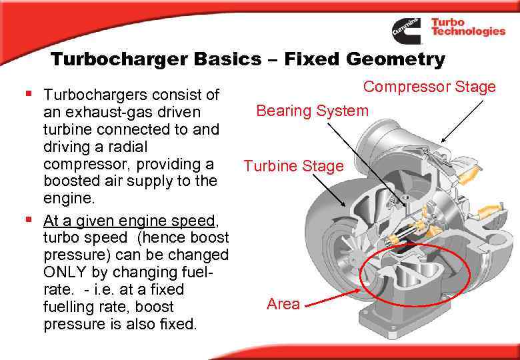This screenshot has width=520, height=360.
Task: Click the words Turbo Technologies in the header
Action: click(x=467, y=27)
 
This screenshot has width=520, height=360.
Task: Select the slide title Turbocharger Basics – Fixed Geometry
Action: click(x=247, y=60)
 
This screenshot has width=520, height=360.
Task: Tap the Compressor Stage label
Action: click(x=429, y=87)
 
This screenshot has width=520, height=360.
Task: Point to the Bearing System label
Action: click(x=312, y=110)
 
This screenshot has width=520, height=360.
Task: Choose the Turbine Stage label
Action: click(x=293, y=166)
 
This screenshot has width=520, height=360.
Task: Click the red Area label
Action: click(x=283, y=304)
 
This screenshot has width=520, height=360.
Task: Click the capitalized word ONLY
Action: click(x=65, y=272)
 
